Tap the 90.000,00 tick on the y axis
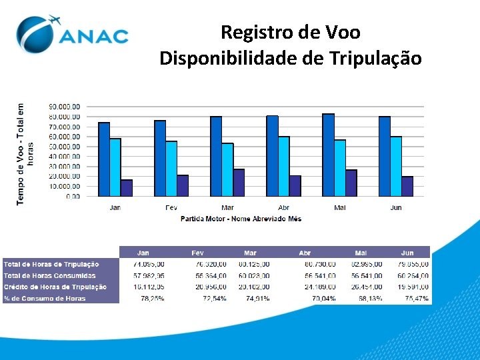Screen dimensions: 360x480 click(x=65, y=107)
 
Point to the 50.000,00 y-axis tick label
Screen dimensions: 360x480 click(x=65, y=147)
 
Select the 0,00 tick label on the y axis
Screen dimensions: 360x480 click(x=73, y=197)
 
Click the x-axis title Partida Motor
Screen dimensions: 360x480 click(x=241, y=219)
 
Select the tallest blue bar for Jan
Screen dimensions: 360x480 click(x=104, y=159)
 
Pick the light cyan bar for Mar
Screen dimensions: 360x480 click(x=227, y=169)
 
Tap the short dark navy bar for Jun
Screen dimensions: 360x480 click(x=407, y=186)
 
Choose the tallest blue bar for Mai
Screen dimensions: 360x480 click(x=328, y=155)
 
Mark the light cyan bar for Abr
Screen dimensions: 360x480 click(x=283, y=166)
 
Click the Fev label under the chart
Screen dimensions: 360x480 click(x=171, y=208)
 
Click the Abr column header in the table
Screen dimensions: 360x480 click(x=305, y=253)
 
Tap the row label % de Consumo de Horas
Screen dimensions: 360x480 click(x=45, y=299)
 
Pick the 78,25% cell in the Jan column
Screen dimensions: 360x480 click(x=153, y=299)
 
